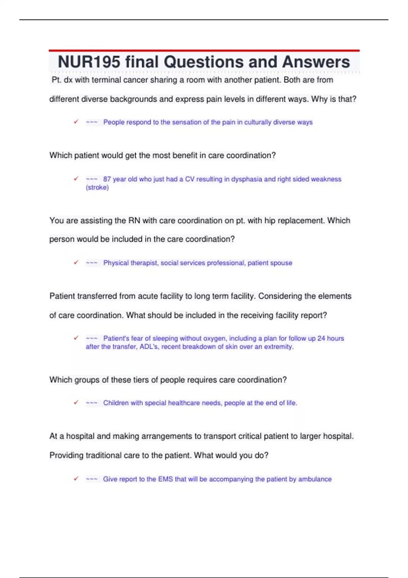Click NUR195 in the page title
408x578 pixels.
click(89, 62)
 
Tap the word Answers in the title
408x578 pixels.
click(316, 62)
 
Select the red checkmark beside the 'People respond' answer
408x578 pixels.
click(76, 122)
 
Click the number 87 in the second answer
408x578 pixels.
click(107, 179)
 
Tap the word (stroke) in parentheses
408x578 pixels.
click(97, 187)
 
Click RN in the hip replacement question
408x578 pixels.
click(134, 221)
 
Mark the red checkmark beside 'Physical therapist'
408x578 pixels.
click(76, 262)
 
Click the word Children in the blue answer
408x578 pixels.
click(116, 403)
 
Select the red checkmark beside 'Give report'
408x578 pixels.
click(76, 479)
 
